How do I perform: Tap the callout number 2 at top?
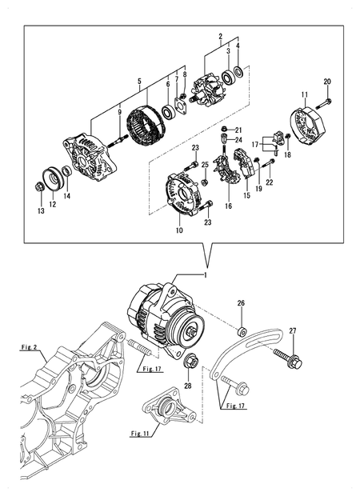pyautogui.click(x=220, y=37)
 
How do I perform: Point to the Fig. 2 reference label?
pyautogui.click(x=30, y=348)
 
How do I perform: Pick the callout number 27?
pyautogui.click(x=293, y=330)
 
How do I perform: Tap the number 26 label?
pyautogui.click(x=241, y=304)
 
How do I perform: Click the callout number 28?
pyautogui.click(x=189, y=386)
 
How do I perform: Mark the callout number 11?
pyautogui.click(x=304, y=95)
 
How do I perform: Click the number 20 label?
pyautogui.click(x=326, y=82)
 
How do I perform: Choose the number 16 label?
pyautogui.click(x=228, y=206)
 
